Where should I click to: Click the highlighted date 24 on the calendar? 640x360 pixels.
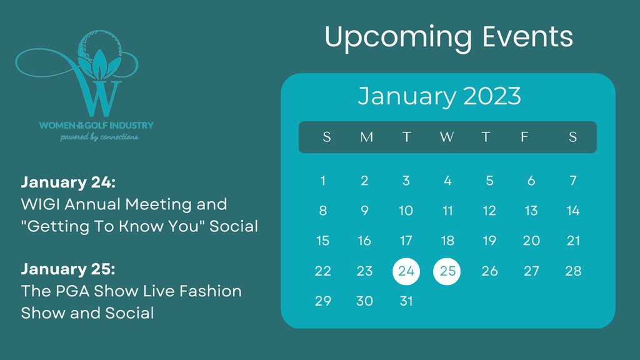pyautogui.click(x=406, y=271)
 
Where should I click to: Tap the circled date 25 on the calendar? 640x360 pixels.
pyautogui.click(x=447, y=271)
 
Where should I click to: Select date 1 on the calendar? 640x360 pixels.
pyautogui.click(x=322, y=181)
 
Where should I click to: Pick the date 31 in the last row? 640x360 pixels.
pyautogui.click(x=406, y=301)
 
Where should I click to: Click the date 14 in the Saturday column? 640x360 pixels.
pyautogui.click(x=572, y=211)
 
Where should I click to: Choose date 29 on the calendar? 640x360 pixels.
pyautogui.click(x=322, y=301)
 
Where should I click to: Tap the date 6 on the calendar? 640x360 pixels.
pyautogui.click(x=531, y=181)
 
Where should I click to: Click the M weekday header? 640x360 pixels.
pyautogui.click(x=366, y=137)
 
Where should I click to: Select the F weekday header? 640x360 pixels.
pyautogui.click(x=524, y=137)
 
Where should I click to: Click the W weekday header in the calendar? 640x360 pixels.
pyautogui.click(x=446, y=137)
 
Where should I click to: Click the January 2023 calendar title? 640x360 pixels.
pyautogui.click(x=439, y=97)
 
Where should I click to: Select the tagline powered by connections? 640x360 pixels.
pyautogui.click(x=99, y=137)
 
